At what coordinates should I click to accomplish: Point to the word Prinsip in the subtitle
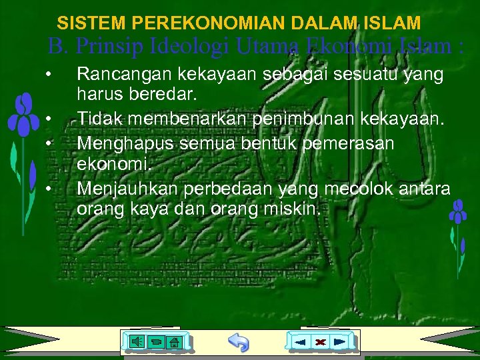pos(106,47)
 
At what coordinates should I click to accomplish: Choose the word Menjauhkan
pos(127,189)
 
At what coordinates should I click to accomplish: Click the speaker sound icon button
pos(135,342)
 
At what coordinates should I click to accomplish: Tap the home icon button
pos(173,343)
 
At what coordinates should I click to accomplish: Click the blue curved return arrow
pos(238,342)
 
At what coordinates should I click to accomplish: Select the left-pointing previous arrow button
pos(301,342)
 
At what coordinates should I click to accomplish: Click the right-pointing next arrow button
pos(340,342)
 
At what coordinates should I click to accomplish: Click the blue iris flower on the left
pos(25,117)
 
